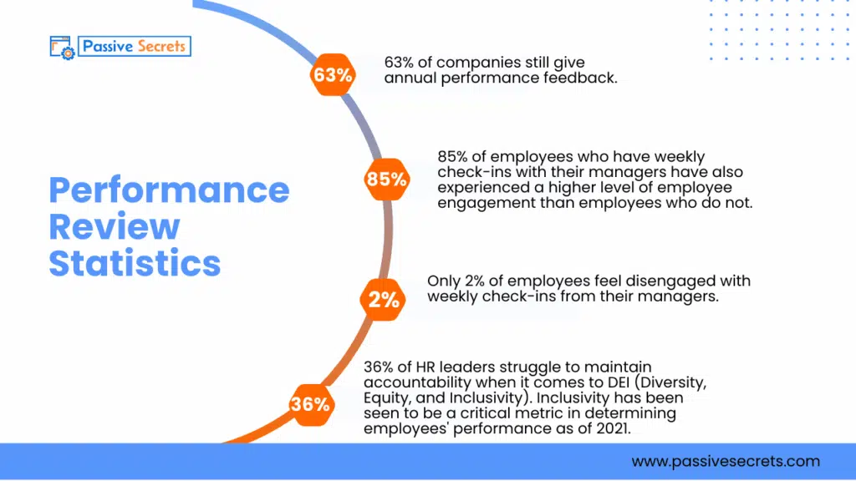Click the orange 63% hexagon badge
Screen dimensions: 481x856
click(x=333, y=75)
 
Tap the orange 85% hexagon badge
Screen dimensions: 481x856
click(x=386, y=179)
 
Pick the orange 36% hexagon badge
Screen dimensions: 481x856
click(x=310, y=404)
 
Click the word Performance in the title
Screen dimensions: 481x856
click(x=169, y=190)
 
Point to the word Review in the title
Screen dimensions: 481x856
click(x=114, y=226)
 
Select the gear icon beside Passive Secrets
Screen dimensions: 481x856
click(x=68, y=52)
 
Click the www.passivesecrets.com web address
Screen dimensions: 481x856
click(x=726, y=461)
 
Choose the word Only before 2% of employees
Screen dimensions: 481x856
click(x=445, y=281)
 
